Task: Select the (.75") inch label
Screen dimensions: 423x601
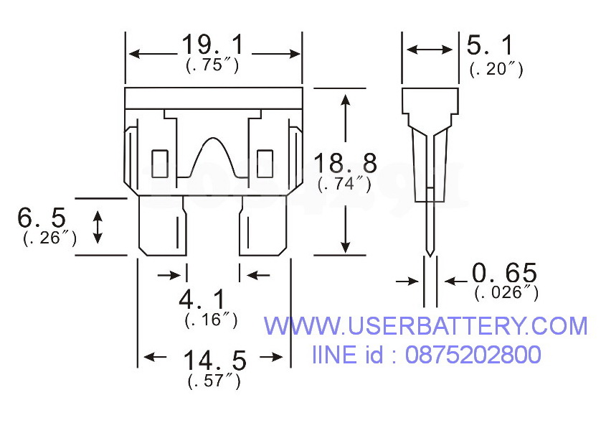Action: (x=212, y=65)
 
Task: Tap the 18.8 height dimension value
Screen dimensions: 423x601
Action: (x=344, y=164)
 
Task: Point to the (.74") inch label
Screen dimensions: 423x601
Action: (x=344, y=184)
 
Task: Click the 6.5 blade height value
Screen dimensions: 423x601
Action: (x=42, y=218)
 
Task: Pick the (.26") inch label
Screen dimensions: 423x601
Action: (x=49, y=238)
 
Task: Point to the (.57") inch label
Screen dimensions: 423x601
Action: (x=214, y=381)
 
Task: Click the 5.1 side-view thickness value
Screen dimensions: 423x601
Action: (x=491, y=47)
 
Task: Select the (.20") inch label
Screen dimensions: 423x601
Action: (x=496, y=69)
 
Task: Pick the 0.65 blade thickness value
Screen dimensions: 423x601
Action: (x=503, y=274)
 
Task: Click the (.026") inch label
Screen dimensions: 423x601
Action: (x=506, y=292)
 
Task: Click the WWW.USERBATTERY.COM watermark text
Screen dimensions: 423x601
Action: (x=425, y=327)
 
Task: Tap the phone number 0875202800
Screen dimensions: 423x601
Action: (x=473, y=354)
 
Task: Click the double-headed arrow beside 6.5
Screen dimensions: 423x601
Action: (x=98, y=226)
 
